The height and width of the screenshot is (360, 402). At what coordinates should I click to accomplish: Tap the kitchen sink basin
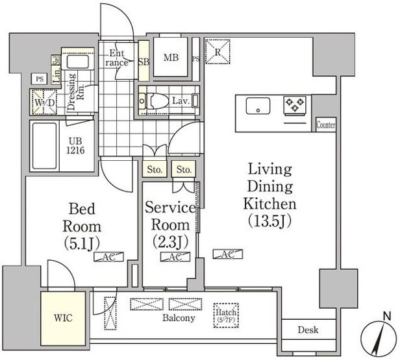(258, 106)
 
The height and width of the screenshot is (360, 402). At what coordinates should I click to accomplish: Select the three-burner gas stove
(295, 105)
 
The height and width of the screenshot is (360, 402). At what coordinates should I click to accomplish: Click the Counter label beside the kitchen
(326, 125)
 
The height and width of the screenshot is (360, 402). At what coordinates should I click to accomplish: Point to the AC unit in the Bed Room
(108, 257)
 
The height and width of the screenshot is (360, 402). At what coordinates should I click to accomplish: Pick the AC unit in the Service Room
(175, 257)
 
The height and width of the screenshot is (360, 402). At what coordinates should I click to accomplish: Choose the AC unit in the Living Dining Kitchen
(228, 254)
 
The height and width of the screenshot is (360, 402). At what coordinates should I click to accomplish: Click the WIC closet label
(63, 318)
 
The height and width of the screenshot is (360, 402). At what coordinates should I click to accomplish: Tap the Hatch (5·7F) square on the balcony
(226, 315)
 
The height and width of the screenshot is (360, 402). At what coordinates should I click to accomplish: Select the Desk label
(308, 330)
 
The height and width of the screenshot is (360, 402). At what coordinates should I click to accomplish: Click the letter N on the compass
(386, 317)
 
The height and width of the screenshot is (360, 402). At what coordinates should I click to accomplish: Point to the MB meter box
(171, 57)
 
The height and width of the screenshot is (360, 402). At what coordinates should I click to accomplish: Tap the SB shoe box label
(144, 62)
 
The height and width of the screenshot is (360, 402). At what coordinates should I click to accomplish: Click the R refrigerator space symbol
(218, 51)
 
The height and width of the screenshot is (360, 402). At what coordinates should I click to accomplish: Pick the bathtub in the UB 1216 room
(45, 146)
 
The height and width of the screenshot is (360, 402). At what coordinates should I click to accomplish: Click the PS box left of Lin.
(39, 79)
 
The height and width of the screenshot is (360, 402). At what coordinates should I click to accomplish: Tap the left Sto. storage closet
(155, 169)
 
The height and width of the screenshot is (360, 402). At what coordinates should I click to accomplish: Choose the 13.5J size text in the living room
(270, 221)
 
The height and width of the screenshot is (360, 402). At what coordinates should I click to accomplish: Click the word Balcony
(179, 318)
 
